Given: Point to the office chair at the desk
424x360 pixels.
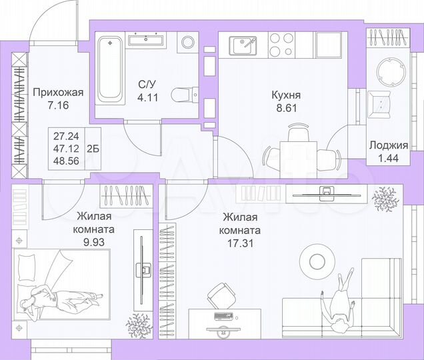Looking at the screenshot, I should tap(221, 293).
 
